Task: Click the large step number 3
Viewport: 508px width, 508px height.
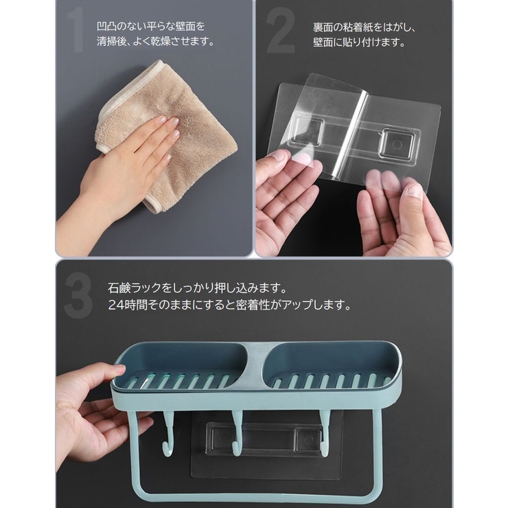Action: (x=78, y=295)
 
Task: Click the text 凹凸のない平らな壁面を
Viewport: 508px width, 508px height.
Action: (x=151, y=26)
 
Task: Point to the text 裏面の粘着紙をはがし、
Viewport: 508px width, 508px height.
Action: (x=365, y=27)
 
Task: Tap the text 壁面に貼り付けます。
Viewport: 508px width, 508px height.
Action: (x=359, y=43)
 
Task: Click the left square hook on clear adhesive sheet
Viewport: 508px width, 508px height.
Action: (x=308, y=130)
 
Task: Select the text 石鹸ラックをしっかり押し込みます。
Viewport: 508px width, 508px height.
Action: (x=197, y=288)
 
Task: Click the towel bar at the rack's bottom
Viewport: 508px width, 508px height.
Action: (x=254, y=496)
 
